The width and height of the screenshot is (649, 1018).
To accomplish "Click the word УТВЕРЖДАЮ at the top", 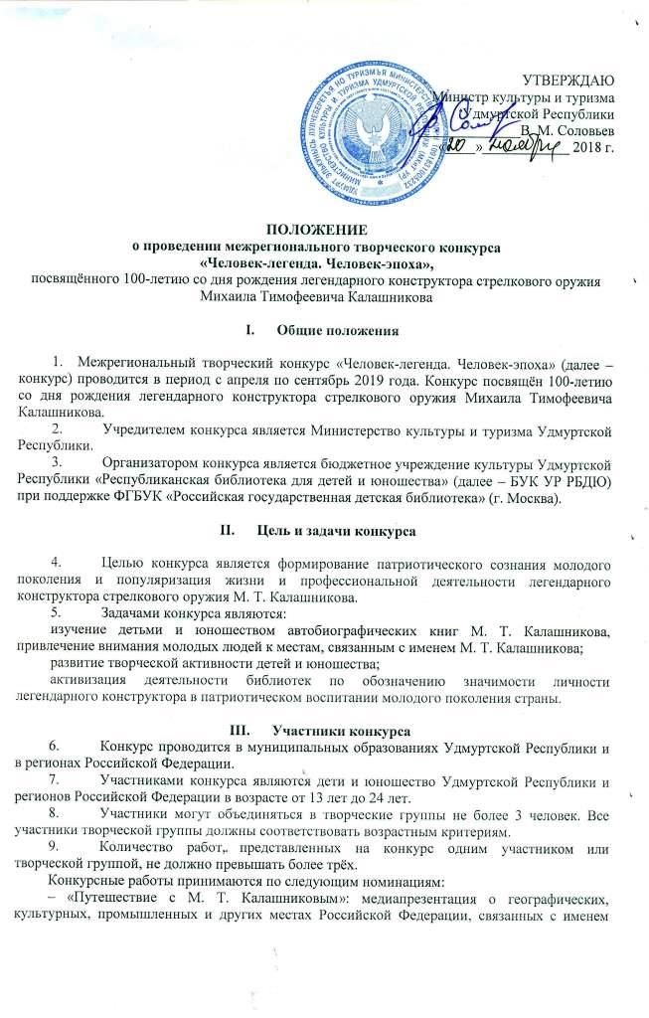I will [568, 79].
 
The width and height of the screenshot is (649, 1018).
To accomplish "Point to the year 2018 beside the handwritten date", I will [592, 149].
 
